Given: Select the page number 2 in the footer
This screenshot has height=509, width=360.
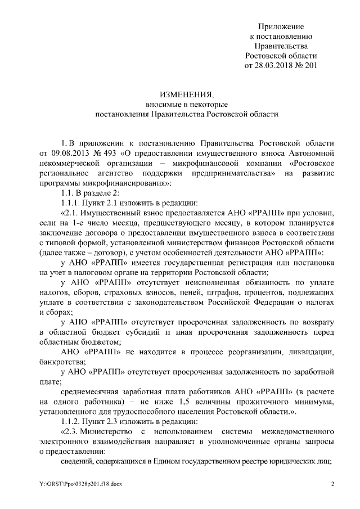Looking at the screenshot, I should (332, 485).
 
